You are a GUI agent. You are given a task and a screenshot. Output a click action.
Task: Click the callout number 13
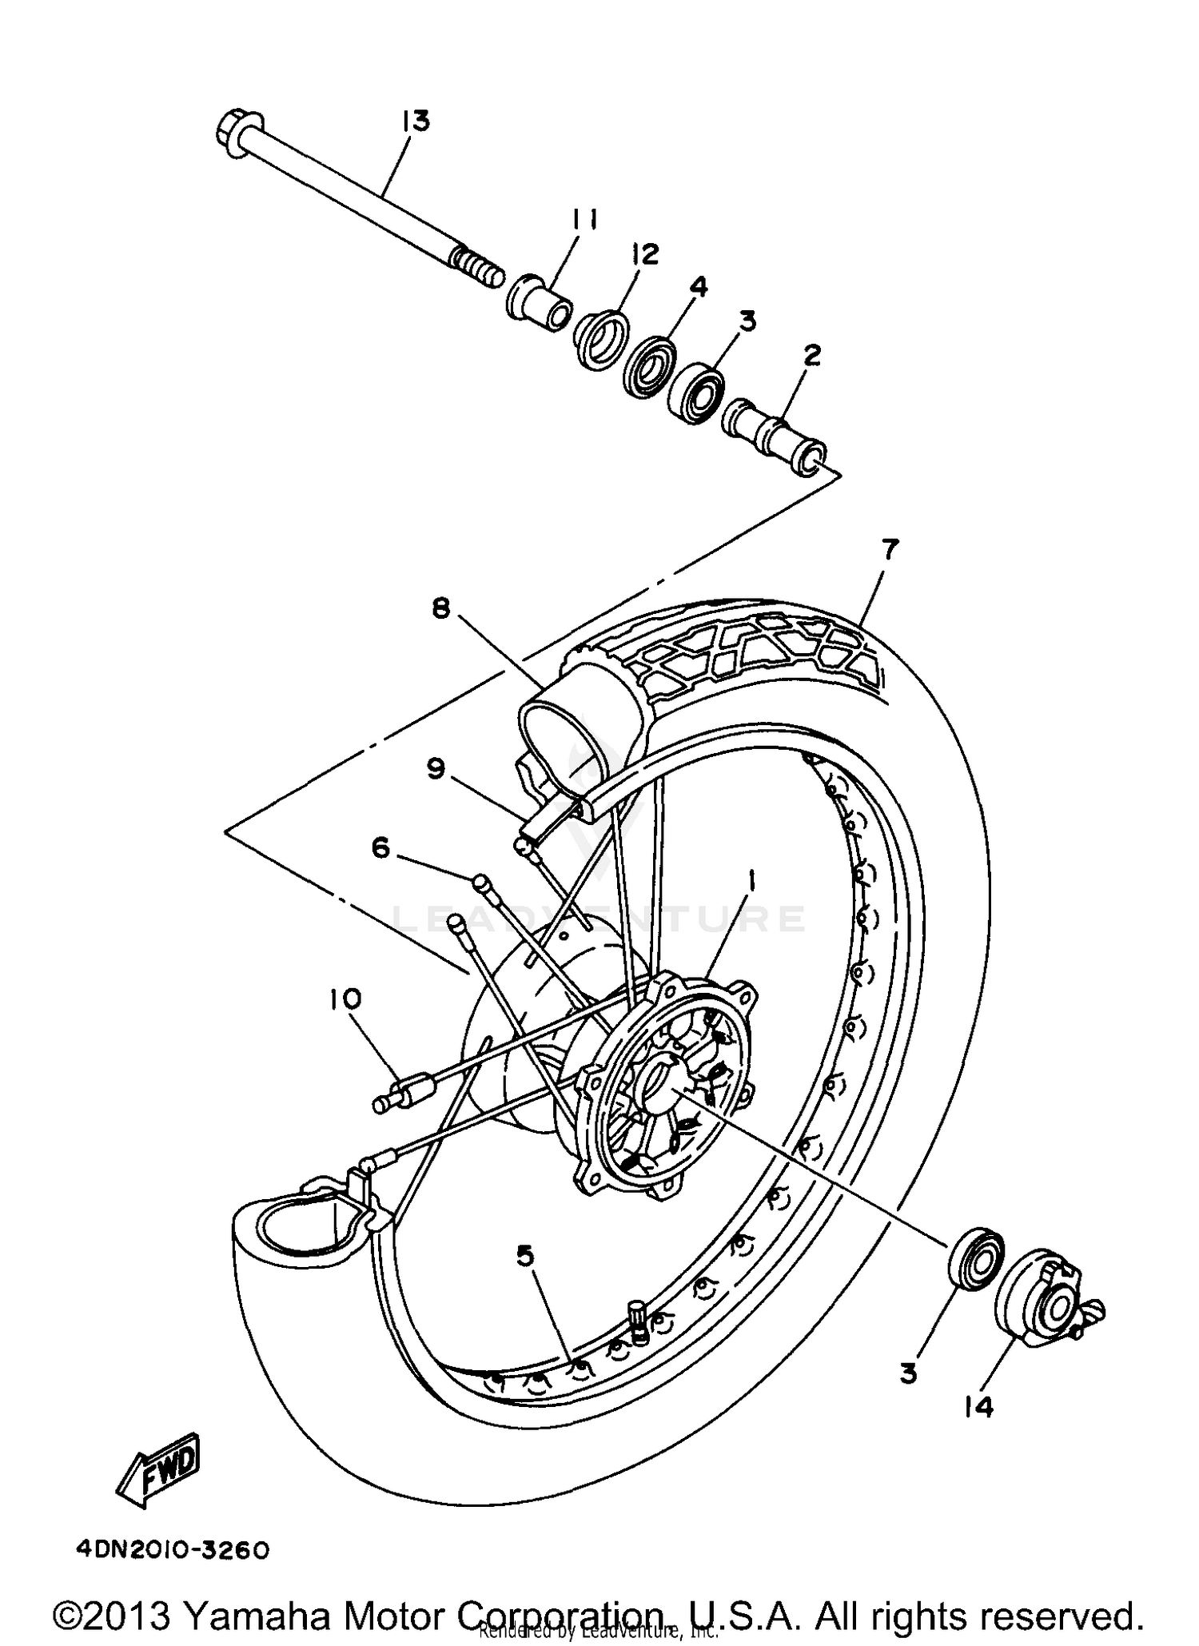(416, 122)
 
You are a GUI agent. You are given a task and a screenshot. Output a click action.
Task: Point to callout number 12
(644, 254)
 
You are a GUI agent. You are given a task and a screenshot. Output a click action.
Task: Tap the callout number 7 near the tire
(890, 550)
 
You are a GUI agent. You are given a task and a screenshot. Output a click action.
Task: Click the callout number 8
(441, 608)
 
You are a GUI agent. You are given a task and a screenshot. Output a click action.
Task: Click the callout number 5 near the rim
(525, 1257)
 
